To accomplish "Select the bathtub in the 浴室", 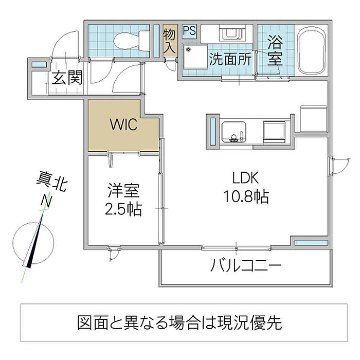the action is pyautogui.click(x=312, y=50).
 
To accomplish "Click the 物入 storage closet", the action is pyautogui.click(x=170, y=41).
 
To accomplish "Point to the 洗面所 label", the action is pyautogui.click(x=230, y=59).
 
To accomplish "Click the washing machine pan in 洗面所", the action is pyautogui.click(x=195, y=57).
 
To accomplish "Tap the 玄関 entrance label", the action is pyautogui.click(x=66, y=78).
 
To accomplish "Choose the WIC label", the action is pyautogui.click(x=123, y=124).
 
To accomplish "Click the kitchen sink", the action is pyautogui.click(x=233, y=132).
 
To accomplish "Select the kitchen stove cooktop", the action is pyautogui.click(x=274, y=132).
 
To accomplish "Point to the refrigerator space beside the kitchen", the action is pyautogui.click(x=313, y=119).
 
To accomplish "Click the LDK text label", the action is pyautogui.click(x=245, y=177).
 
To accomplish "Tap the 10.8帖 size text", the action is pyautogui.click(x=246, y=196).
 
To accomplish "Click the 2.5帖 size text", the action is pyautogui.click(x=123, y=209).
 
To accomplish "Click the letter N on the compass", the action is pyautogui.click(x=46, y=202).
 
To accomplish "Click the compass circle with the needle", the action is pyautogui.click(x=33, y=243).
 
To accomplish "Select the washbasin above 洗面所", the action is pyautogui.click(x=232, y=33).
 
